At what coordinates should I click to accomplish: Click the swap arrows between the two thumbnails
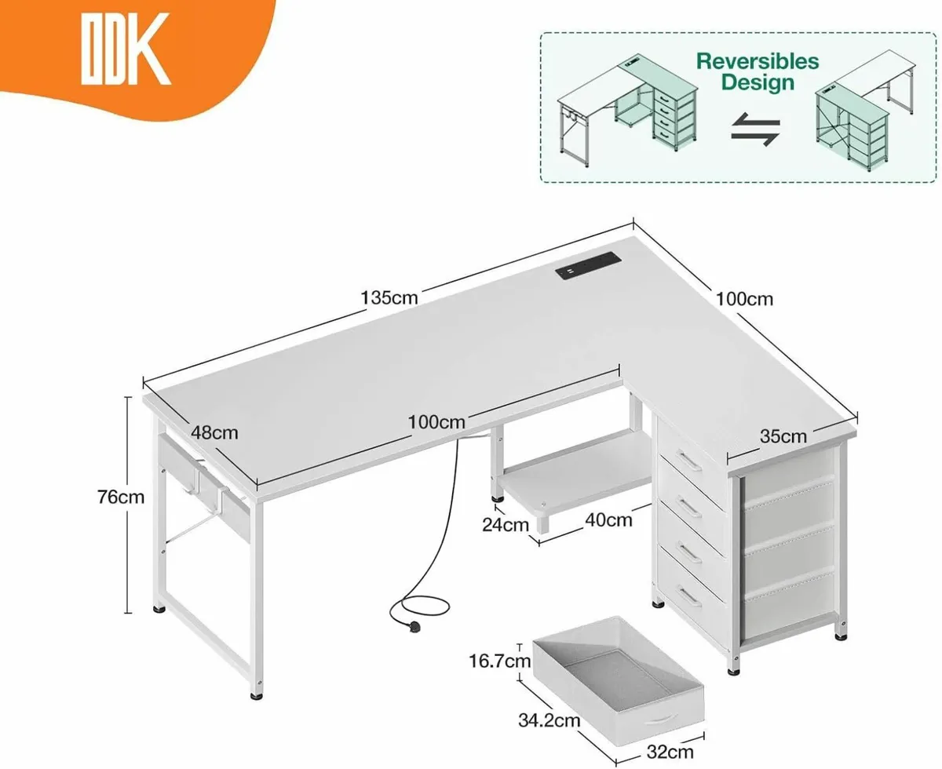[x=755, y=129]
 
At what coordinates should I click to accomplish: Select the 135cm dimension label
[x=389, y=298]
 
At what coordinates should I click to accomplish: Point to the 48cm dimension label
[x=214, y=432]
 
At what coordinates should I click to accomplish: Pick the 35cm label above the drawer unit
[x=783, y=436]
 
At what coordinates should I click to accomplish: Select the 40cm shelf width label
[x=608, y=519]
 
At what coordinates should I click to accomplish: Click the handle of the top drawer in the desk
[x=689, y=461]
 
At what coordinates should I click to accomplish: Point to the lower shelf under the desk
[x=573, y=471]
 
